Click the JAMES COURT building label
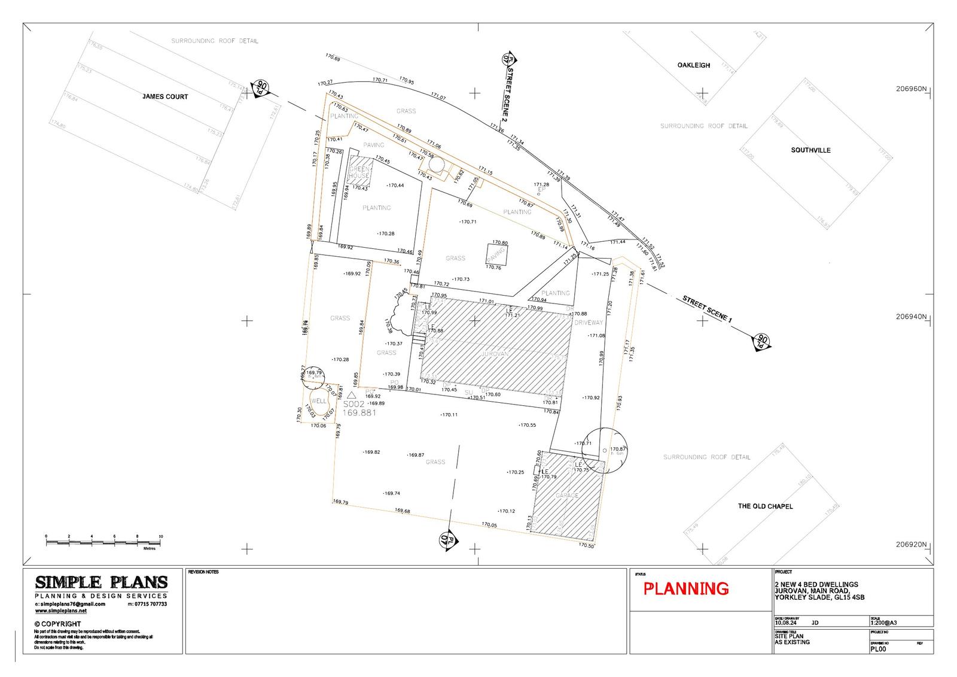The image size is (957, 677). pos(165,97)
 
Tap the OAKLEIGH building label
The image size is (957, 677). pos(694,65)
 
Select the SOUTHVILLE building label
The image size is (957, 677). pos(810,150)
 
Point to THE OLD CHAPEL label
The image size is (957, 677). pos(765,506)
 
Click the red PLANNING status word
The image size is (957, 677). pos(686,589)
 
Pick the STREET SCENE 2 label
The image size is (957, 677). pos(511,95)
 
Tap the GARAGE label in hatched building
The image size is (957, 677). pos(567,496)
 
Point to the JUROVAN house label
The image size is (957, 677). pos(495,354)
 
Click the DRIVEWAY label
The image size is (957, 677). pos(589,323)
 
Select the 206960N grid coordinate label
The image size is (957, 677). pos(910,89)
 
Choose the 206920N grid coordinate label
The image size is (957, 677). pos(910,545)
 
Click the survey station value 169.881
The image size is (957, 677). pos(359,412)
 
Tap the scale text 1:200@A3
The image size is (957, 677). pos(884,622)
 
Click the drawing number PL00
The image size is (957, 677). pos(879,648)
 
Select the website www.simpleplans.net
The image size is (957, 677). pos(61,611)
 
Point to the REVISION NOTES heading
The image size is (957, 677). pos(203,572)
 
